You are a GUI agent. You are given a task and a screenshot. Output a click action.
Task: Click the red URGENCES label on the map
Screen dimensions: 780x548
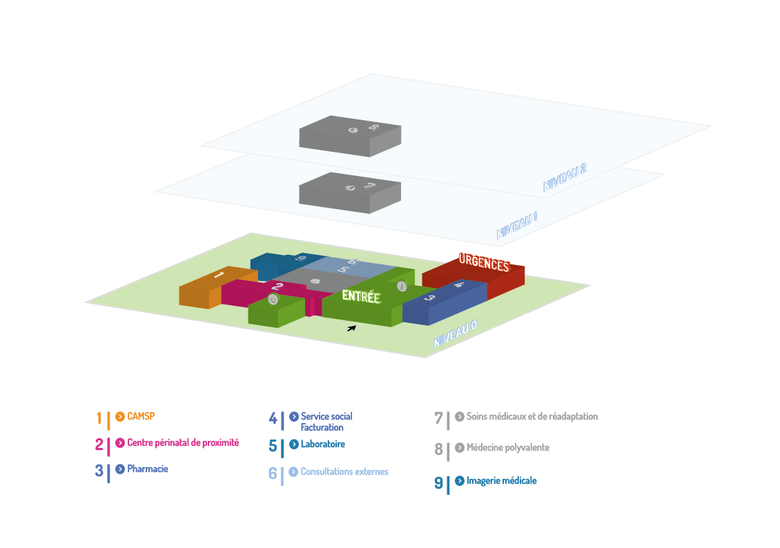tap(484, 262)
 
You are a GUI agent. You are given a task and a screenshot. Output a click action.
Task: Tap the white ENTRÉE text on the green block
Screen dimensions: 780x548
tap(361, 296)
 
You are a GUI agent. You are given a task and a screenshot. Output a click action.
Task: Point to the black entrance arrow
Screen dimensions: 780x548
tap(352, 329)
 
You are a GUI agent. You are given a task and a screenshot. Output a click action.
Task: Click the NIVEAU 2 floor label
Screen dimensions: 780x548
tap(565, 177)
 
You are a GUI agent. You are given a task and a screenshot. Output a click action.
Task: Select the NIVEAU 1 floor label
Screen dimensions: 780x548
tap(517, 225)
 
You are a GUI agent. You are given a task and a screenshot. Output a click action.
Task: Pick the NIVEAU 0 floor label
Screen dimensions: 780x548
tap(455, 333)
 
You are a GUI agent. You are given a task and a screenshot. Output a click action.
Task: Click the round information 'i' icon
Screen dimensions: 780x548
tap(402, 286)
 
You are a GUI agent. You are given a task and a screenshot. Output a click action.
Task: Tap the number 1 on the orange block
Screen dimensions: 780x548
tap(219, 275)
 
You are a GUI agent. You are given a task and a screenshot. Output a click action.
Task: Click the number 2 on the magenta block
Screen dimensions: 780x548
tap(277, 286)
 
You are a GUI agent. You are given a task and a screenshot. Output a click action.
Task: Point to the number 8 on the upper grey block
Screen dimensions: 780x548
tap(373, 127)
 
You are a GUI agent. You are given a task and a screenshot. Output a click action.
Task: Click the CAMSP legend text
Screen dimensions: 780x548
tap(141, 416)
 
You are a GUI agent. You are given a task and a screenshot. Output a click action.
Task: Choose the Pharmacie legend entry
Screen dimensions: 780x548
tap(148, 469)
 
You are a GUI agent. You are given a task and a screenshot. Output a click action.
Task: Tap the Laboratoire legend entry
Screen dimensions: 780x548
tap(323, 444)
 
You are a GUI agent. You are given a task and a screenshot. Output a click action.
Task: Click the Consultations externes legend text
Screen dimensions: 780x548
tap(344, 471)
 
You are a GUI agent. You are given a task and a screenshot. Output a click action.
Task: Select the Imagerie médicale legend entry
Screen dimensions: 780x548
tap(501, 480)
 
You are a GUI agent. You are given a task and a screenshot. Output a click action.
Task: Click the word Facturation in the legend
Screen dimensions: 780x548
tap(322, 427)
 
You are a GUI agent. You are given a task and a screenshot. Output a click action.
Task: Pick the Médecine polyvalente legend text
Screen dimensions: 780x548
tap(508, 447)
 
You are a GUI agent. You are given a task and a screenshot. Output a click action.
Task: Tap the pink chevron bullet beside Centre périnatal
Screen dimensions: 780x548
tap(120, 442)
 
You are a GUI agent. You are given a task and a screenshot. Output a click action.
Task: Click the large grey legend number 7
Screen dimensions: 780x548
tap(438, 418)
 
